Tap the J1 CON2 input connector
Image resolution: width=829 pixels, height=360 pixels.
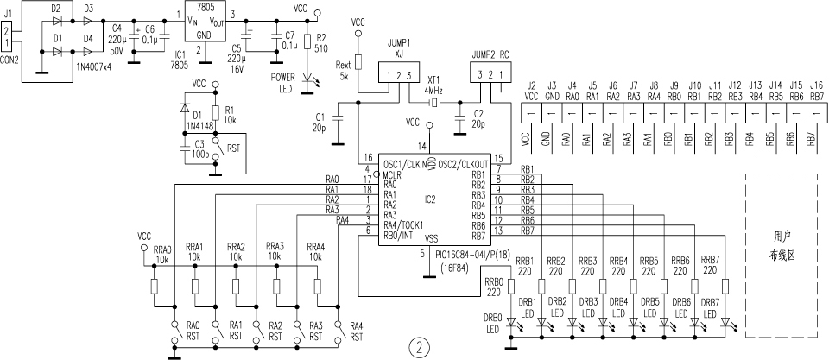click(x=8, y=35)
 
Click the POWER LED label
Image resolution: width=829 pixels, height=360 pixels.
click(x=282, y=81)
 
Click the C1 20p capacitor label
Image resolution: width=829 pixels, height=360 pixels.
click(x=320, y=121)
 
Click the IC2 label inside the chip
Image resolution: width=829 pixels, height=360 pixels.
click(x=429, y=199)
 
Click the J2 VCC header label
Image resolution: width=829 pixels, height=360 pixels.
click(x=531, y=92)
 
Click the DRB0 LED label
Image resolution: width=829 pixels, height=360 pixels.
click(x=493, y=323)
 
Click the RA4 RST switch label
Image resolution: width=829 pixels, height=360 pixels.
click(x=355, y=331)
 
